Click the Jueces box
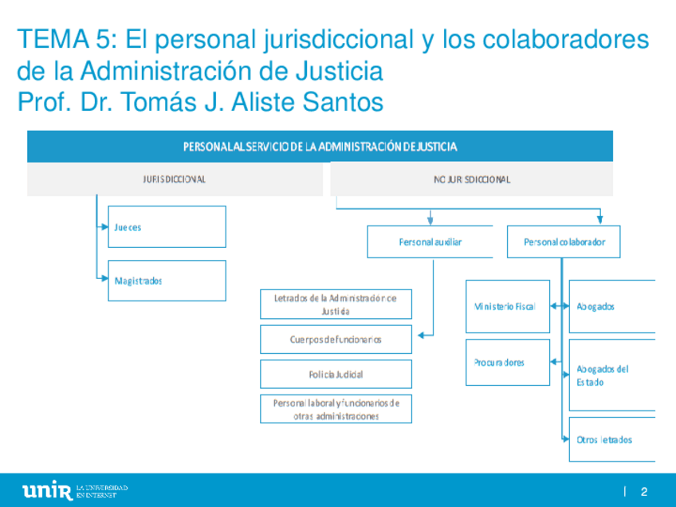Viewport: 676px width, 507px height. (167, 227)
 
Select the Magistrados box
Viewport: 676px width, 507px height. (167, 281)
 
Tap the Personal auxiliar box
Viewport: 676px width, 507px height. (430, 242)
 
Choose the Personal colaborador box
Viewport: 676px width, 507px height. (570, 242)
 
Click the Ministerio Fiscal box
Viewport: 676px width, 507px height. (508, 306)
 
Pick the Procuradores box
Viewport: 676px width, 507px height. (508, 363)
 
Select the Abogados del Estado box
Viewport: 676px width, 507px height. (611, 375)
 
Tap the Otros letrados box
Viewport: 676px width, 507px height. (611, 439)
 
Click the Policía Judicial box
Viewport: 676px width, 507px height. (336, 374)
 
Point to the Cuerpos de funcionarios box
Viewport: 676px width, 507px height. (336, 340)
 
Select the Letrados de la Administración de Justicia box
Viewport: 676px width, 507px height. (336, 304)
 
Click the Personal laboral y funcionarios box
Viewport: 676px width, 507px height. (336, 409)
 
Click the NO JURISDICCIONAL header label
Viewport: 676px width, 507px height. (472, 179)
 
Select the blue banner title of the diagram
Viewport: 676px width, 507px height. (320, 147)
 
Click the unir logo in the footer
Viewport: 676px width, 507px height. (47, 490)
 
